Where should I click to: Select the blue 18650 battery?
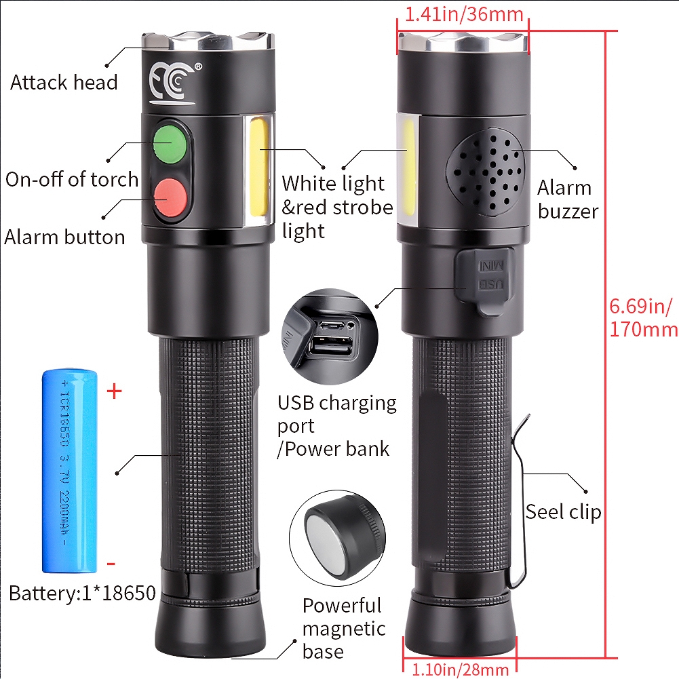click(x=69, y=471)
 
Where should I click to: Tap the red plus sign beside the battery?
click(x=115, y=392)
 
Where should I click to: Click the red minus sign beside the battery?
click(x=111, y=564)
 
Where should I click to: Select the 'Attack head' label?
click(x=64, y=82)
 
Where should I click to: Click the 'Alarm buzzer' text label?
click(x=568, y=199)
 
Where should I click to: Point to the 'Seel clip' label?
click(x=563, y=512)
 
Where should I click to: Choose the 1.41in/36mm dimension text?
click(x=464, y=14)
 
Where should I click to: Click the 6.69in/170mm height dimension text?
click(x=644, y=317)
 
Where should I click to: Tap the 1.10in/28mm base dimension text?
click(x=460, y=670)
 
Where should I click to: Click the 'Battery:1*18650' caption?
click(x=82, y=594)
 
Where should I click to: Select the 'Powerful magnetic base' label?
click(x=344, y=628)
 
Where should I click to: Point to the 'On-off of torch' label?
click(x=72, y=179)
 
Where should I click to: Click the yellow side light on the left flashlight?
click(x=258, y=168)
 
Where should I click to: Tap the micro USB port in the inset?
click(x=332, y=325)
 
